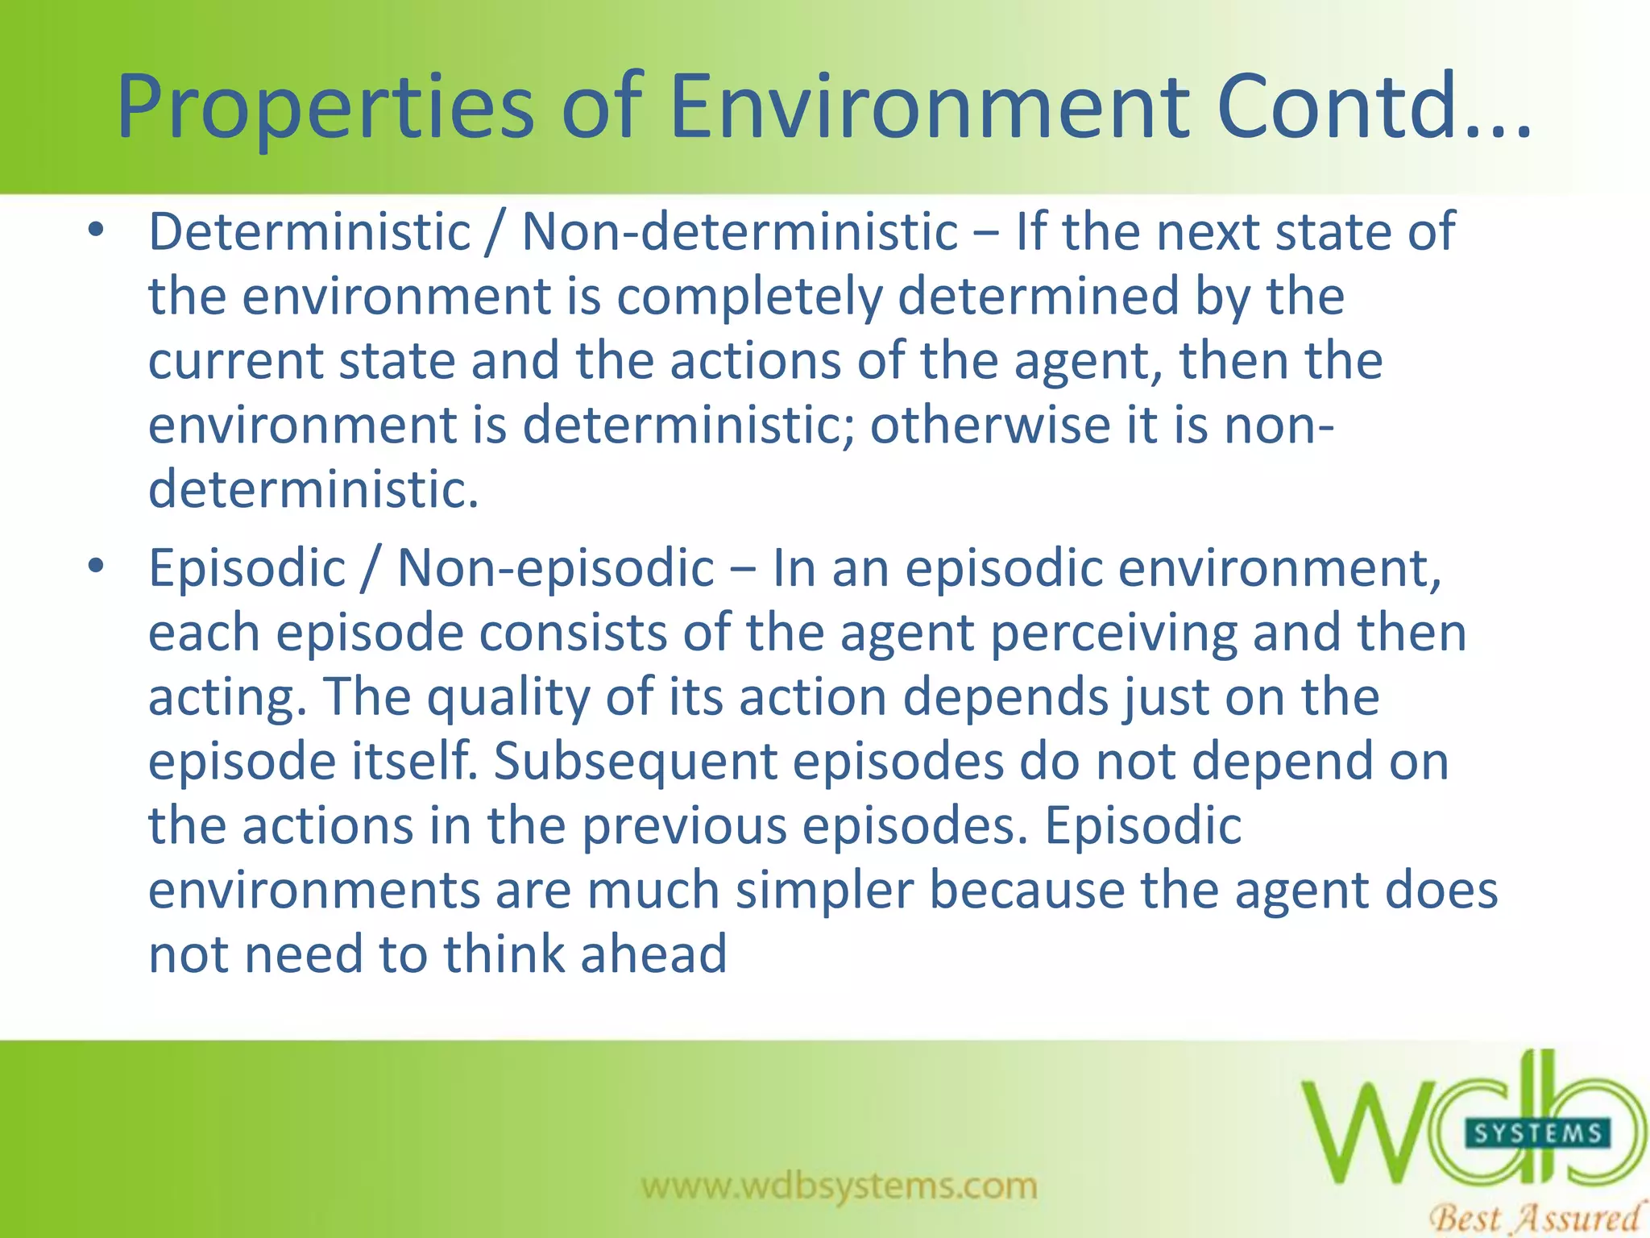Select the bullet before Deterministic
[97, 231]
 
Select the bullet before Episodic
[97, 567]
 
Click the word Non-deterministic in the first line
[740, 232]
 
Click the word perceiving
[1113, 634]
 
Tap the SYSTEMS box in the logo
[1537, 1133]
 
